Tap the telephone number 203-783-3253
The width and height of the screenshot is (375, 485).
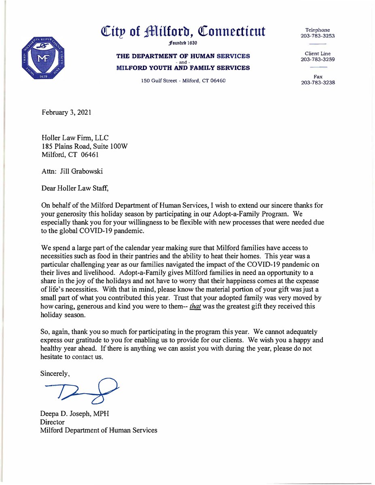point(318,36)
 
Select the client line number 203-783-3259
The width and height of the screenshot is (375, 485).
point(318,59)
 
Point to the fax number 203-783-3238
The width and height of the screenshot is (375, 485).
point(318,83)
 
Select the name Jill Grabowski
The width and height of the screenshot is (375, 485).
point(80,171)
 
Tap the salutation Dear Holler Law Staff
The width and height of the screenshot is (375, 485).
point(78,188)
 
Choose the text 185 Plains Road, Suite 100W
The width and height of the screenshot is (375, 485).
point(85,146)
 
